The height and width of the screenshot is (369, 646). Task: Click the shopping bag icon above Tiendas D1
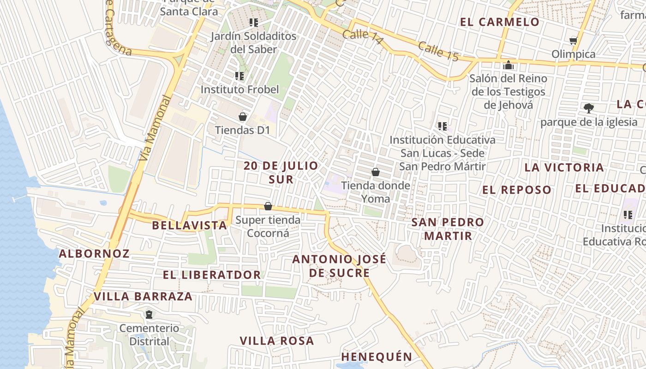pyautogui.click(x=243, y=117)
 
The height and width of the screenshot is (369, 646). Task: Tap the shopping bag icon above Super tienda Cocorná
pyautogui.click(x=268, y=206)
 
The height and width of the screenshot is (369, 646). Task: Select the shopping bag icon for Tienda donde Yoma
pyautogui.click(x=376, y=172)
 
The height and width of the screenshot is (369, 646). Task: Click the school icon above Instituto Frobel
pyautogui.click(x=239, y=76)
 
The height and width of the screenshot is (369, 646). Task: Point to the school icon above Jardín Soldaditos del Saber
pyautogui.click(x=253, y=22)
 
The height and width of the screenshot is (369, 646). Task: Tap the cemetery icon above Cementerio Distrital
pyautogui.click(x=149, y=315)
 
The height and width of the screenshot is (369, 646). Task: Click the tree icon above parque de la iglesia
pyautogui.click(x=588, y=108)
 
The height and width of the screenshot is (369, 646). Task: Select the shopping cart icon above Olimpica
pyautogui.click(x=574, y=41)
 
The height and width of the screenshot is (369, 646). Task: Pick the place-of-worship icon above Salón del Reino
pyautogui.click(x=508, y=65)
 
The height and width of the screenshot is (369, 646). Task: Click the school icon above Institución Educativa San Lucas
pyautogui.click(x=443, y=126)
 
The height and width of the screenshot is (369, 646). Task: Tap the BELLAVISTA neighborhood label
pyautogui.click(x=189, y=226)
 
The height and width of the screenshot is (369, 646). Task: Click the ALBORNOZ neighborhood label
pyautogui.click(x=94, y=254)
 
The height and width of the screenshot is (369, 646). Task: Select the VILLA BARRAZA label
pyautogui.click(x=143, y=297)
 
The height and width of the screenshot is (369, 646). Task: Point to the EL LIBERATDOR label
pyautogui.click(x=212, y=275)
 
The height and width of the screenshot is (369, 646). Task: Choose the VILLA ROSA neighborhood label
pyautogui.click(x=277, y=341)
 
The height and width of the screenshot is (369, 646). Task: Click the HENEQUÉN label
pyautogui.click(x=377, y=357)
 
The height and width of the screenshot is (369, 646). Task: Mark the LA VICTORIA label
pyautogui.click(x=564, y=167)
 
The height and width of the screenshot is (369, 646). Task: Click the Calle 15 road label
pyautogui.click(x=439, y=51)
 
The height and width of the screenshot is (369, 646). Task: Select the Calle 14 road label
pyautogui.click(x=363, y=37)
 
